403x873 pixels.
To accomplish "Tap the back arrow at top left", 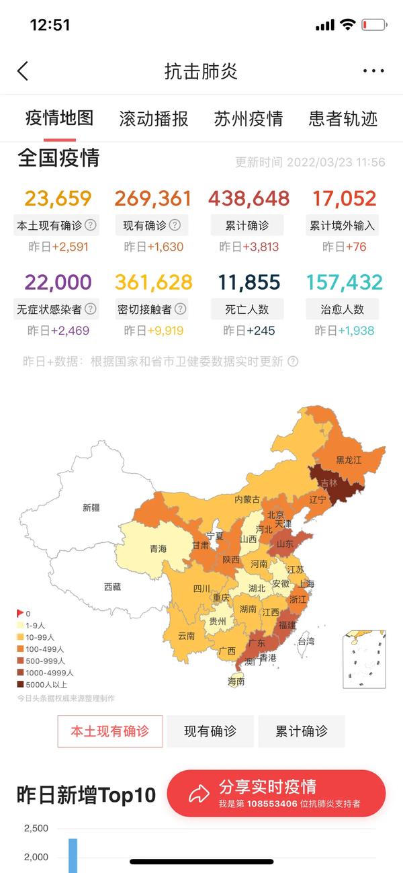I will (x=23, y=71).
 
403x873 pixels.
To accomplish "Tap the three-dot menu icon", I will (x=373, y=71).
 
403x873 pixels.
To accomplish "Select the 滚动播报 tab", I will (x=154, y=119).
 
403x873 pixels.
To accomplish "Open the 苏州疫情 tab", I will (x=249, y=119).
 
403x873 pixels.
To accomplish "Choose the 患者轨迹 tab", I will (x=343, y=119).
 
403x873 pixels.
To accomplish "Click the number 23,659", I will (x=58, y=199).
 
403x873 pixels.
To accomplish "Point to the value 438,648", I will (x=249, y=199).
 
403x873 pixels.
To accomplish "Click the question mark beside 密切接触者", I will (x=180, y=309).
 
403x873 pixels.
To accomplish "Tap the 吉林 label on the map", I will (x=329, y=483).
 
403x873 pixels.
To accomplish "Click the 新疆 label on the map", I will (x=91, y=507).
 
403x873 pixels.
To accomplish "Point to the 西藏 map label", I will (x=112, y=587).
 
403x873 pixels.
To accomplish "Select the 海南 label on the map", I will (x=236, y=681).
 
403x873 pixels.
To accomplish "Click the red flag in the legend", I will (x=19, y=613).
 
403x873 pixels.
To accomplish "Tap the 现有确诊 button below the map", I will (x=210, y=731).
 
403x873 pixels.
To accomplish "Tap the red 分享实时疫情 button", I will (x=276, y=793).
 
